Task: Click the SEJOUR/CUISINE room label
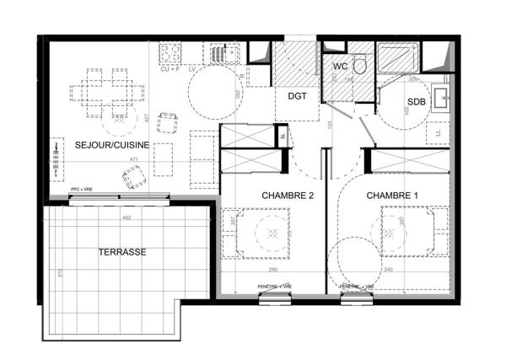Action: pos(112,145)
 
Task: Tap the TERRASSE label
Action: pos(122,252)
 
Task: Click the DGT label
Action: pos(297,96)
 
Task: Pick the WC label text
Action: pos(341,66)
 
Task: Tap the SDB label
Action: pos(417,102)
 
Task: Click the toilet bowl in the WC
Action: pos(359,64)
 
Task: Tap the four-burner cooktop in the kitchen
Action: pos(171,53)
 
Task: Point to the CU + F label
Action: pos(170,69)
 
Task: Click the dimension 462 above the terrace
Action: pos(125,218)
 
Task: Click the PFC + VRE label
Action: pos(83,189)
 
